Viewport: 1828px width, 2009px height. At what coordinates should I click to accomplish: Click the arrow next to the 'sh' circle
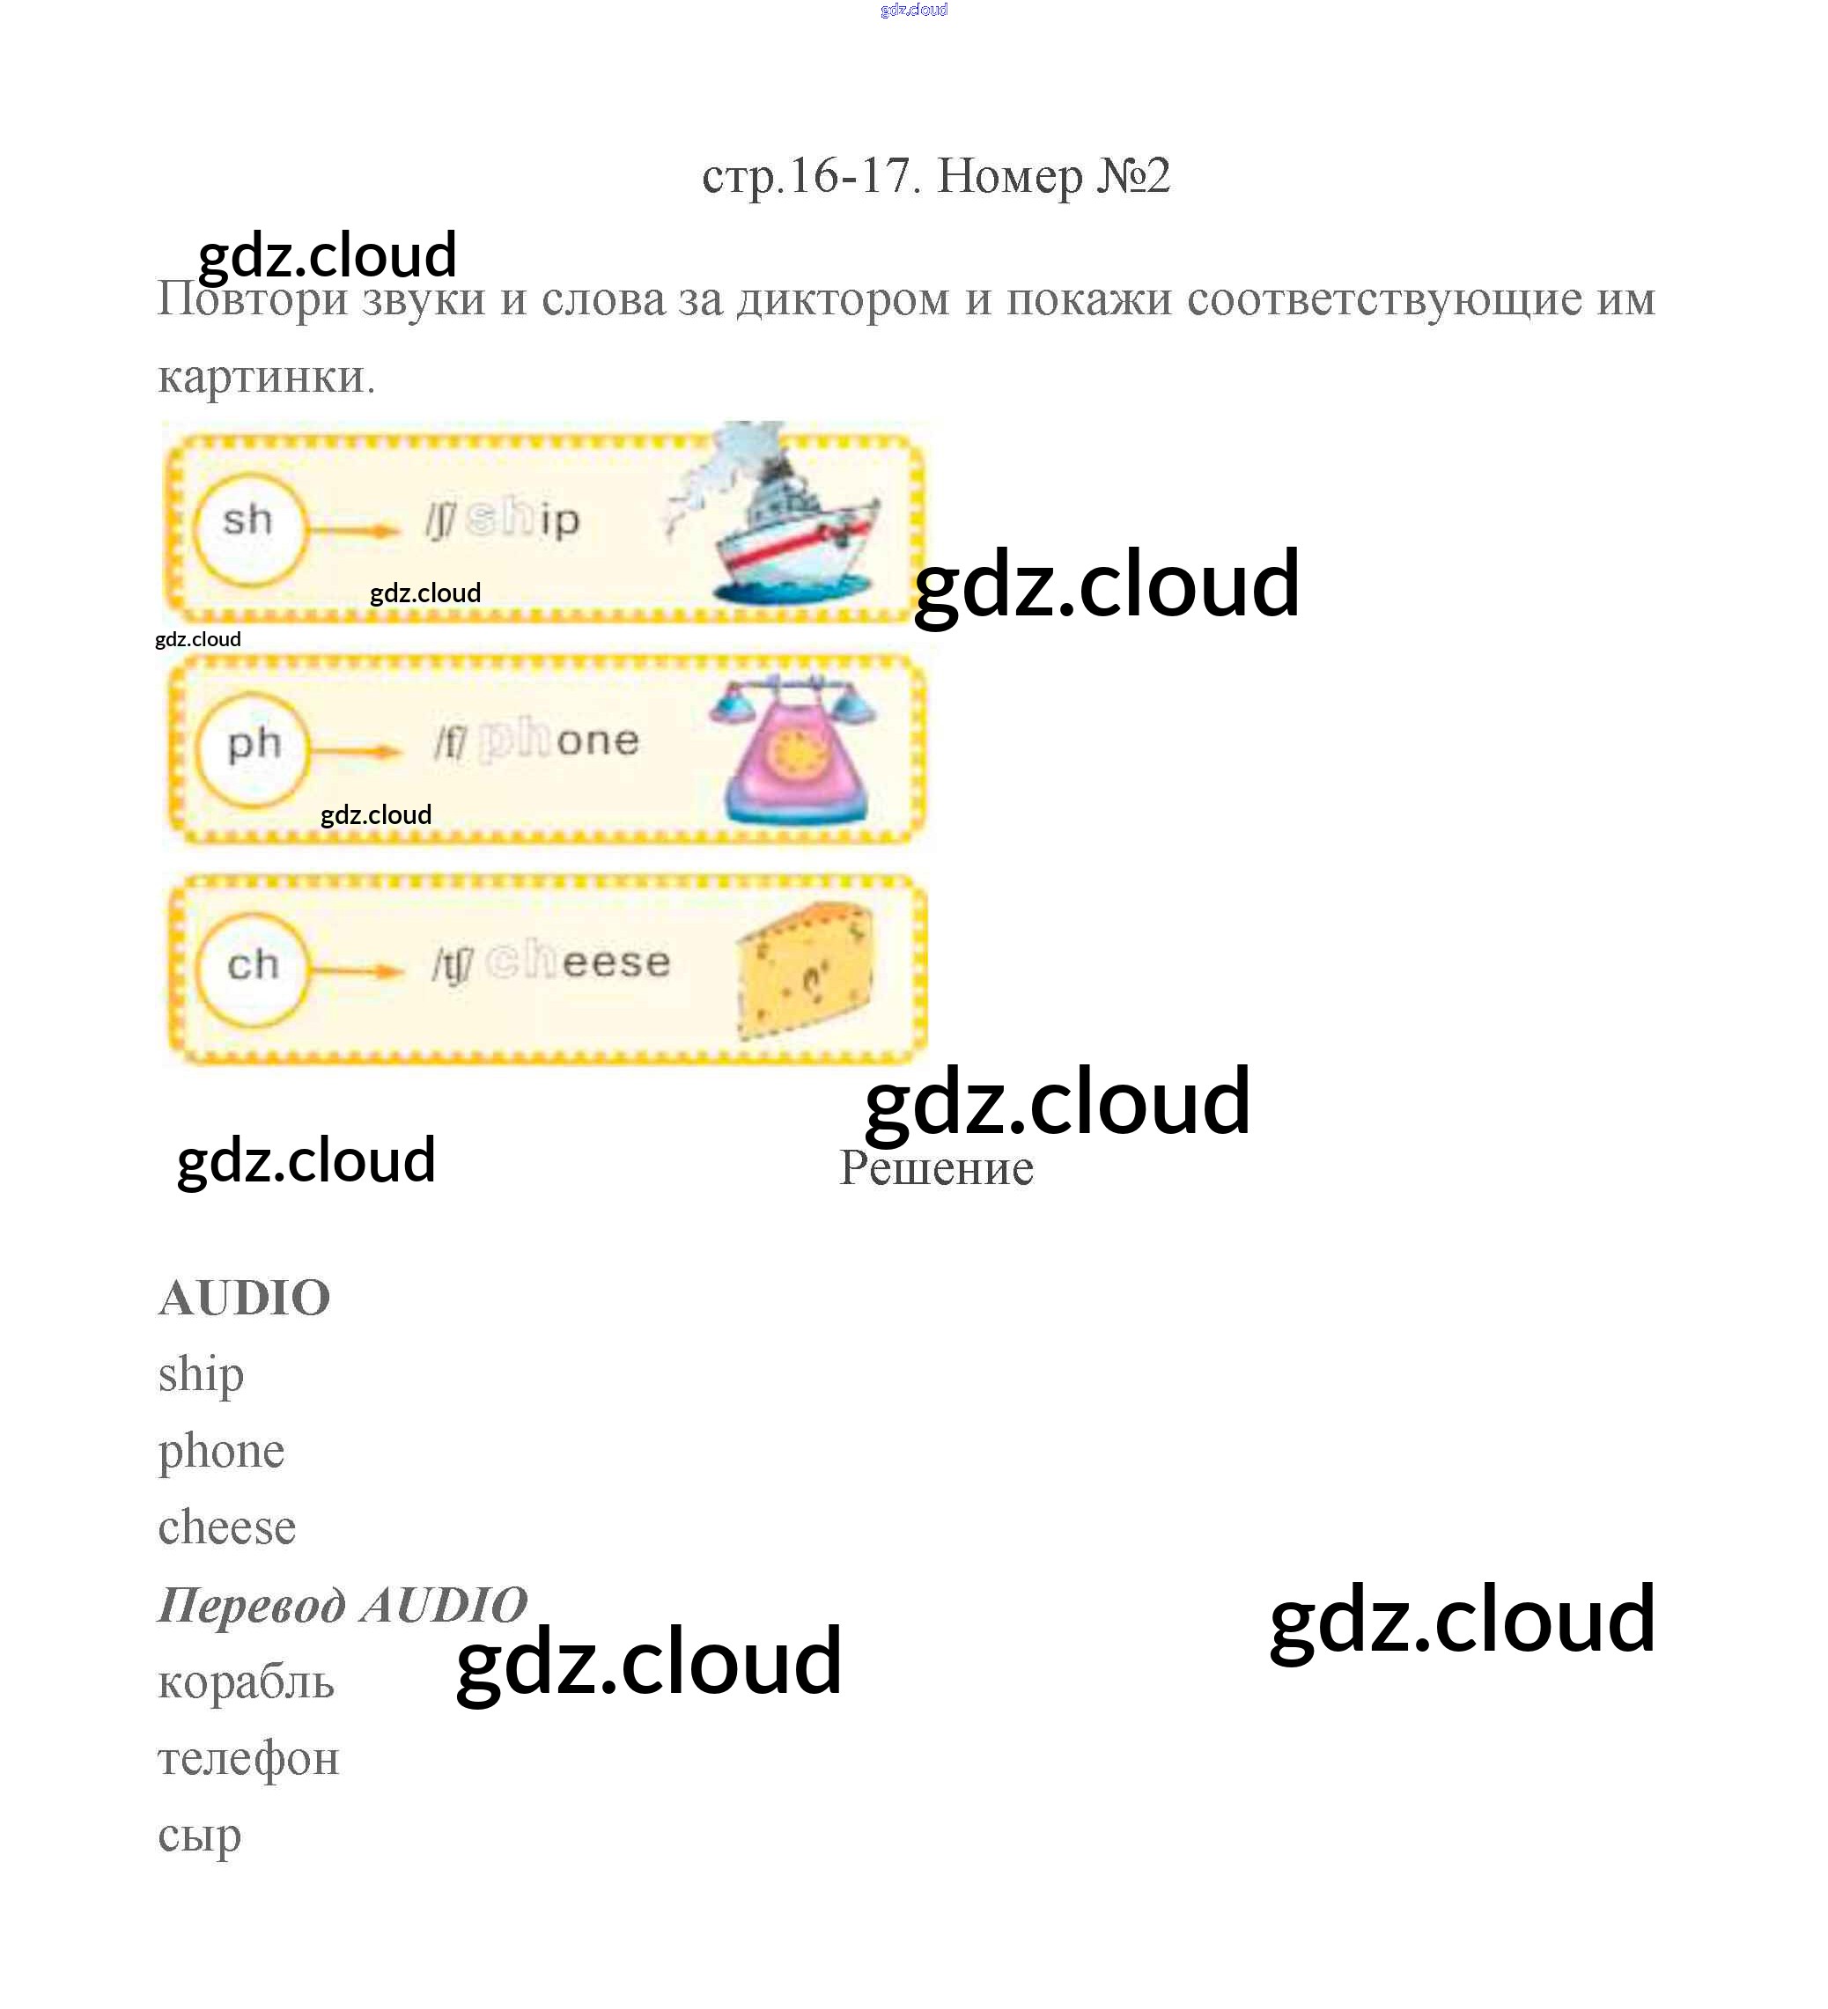[x=354, y=529]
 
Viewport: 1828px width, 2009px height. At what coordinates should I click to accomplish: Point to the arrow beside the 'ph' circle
[x=357, y=750]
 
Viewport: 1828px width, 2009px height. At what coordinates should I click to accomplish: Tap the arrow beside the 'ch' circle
[x=357, y=971]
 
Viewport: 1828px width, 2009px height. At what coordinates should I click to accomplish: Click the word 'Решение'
[x=936, y=1167]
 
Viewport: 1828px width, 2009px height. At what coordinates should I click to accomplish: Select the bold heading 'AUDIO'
[x=244, y=1298]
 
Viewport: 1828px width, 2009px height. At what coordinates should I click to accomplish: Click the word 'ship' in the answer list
[x=202, y=1376]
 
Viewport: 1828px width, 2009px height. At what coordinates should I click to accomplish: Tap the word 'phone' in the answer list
[x=221, y=1453]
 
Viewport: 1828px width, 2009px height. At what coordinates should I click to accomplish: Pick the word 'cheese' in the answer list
[x=227, y=1527]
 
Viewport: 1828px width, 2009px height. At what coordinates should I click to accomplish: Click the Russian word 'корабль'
[x=247, y=1682]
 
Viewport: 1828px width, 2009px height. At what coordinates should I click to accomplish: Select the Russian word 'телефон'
[x=249, y=1760]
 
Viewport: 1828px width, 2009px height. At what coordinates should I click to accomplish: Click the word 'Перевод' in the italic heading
[x=254, y=1607]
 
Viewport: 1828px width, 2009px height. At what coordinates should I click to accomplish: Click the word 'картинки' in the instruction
[x=267, y=377]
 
